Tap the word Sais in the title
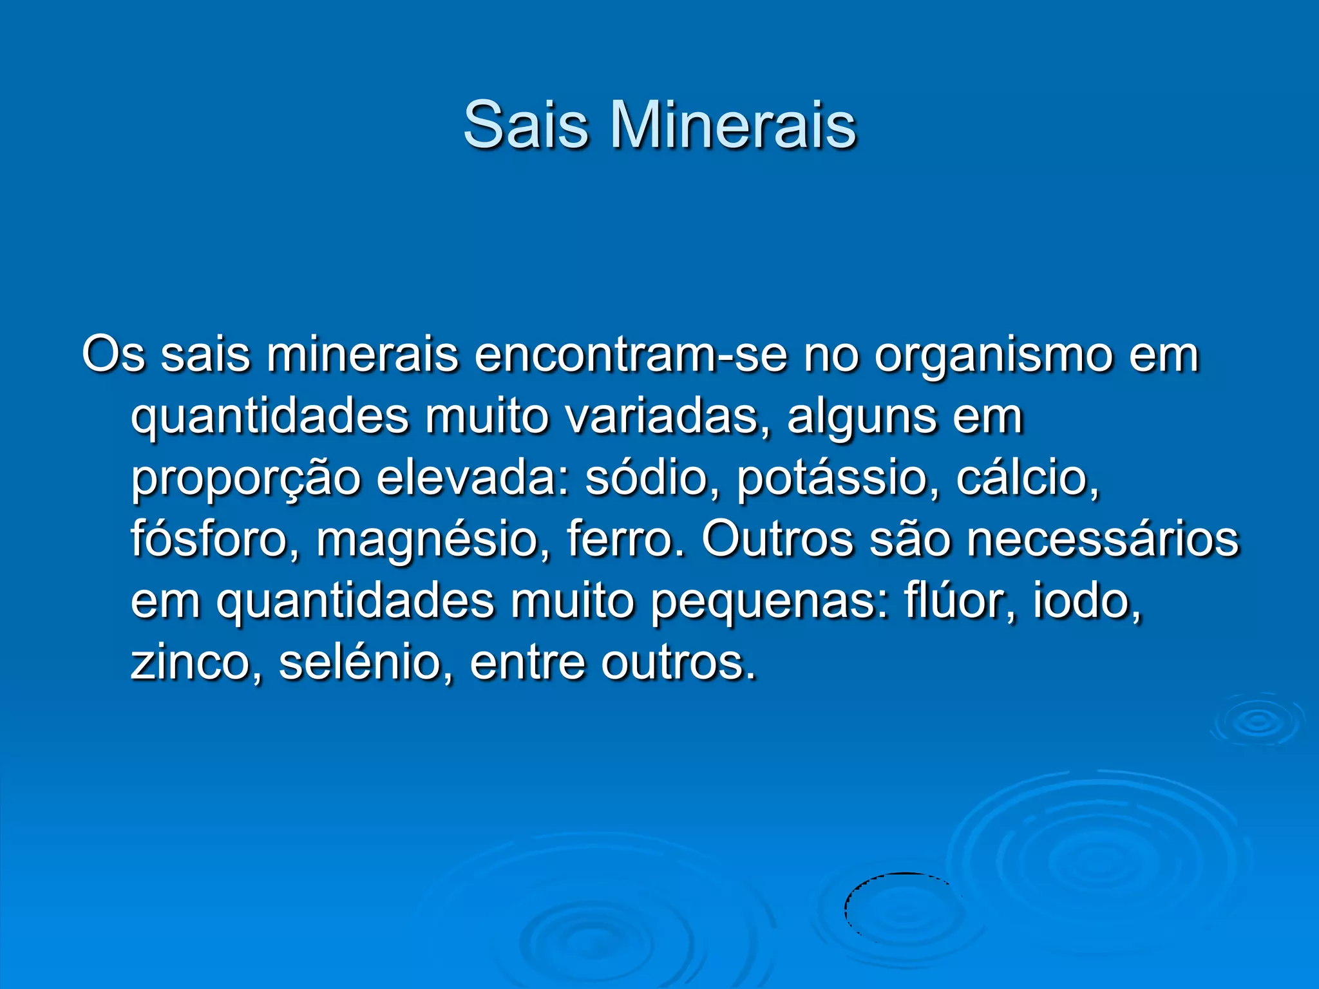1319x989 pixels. click(526, 125)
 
